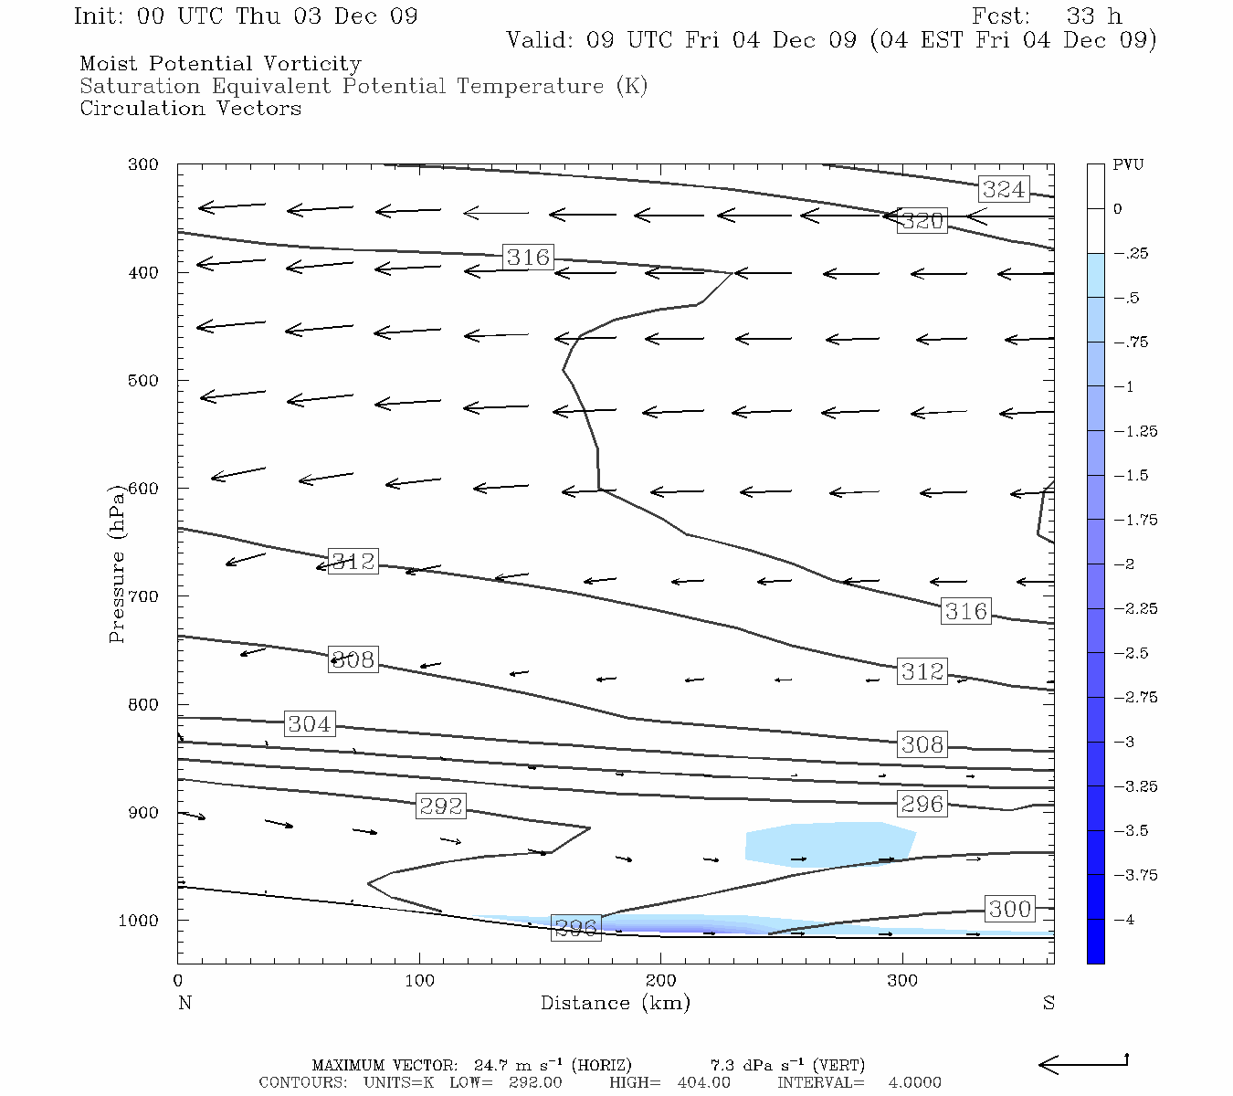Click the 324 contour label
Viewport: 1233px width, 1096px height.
click(1003, 189)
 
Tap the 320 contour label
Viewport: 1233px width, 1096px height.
click(922, 221)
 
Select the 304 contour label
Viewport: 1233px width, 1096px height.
click(309, 724)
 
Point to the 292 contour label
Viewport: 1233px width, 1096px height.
click(441, 806)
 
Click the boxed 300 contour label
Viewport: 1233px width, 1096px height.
click(1009, 909)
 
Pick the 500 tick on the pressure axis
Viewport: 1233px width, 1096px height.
click(143, 381)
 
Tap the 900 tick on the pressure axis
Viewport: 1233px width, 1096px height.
click(143, 813)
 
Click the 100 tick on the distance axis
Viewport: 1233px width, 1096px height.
click(419, 982)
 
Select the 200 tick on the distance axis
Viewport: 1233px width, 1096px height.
click(660, 982)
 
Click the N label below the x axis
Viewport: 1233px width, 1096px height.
click(184, 1003)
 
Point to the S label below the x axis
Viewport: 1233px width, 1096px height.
click(1049, 1003)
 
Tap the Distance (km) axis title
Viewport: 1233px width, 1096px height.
click(615, 1003)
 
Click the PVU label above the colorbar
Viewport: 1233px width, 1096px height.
click(1128, 165)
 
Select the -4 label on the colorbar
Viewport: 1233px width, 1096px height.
click(1125, 920)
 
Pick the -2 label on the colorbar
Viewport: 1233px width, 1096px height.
click(1125, 564)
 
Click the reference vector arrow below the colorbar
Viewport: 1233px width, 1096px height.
click(1083, 1063)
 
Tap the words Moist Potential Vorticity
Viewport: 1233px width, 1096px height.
click(220, 64)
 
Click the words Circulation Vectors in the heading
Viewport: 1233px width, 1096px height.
click(190, 109)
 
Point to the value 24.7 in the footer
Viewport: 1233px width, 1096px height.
click(491, 1065)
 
